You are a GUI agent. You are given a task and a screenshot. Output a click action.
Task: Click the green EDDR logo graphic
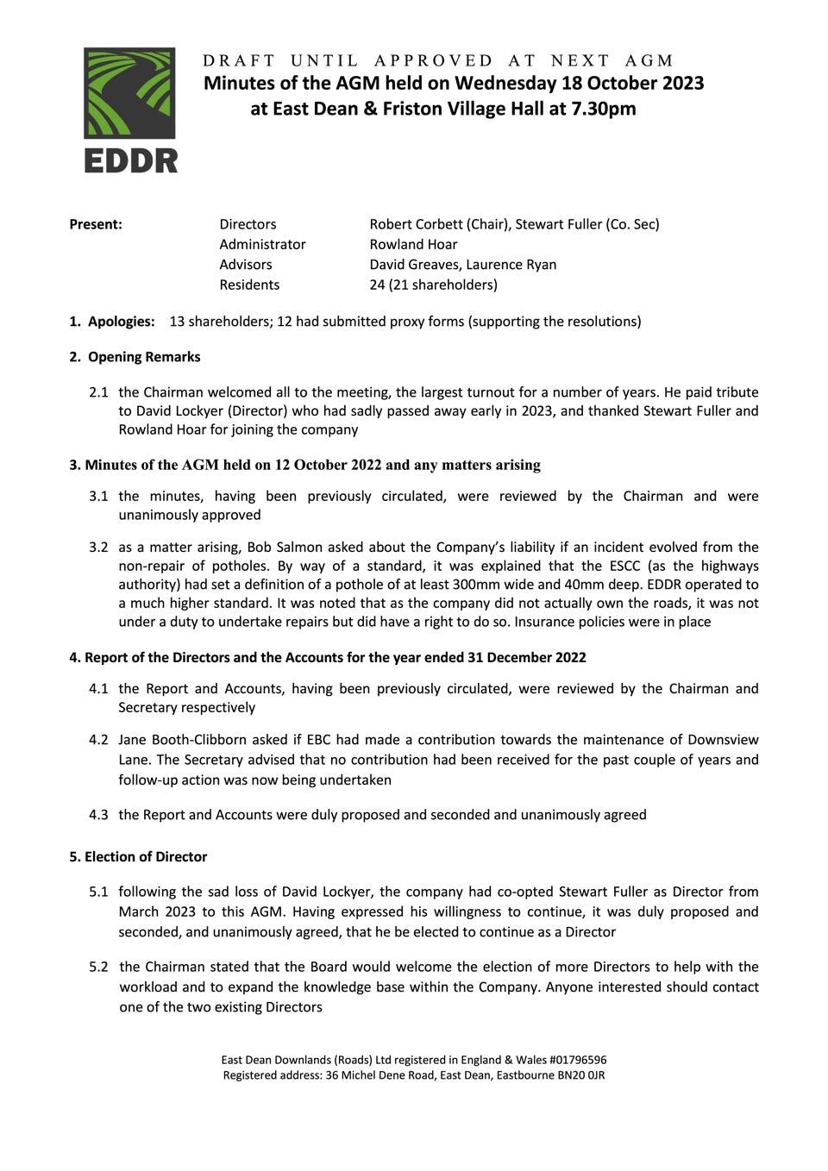tap(129, 92)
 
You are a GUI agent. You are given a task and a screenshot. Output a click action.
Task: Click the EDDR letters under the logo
tap(130, 160)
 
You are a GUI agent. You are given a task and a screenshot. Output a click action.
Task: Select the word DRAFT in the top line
tap(239, 60)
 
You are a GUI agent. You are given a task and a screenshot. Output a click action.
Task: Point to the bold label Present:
tap(96, 224)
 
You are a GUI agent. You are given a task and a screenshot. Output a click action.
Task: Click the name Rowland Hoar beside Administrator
tap(413, 244)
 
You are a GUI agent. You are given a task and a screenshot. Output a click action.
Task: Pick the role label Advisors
tap(246, 265)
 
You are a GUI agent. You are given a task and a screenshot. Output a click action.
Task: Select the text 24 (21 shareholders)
tap(433, 285)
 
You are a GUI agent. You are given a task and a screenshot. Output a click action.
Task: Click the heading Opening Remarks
tap(144, 357)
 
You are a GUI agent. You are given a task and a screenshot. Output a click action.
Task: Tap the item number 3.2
tap(98, 547)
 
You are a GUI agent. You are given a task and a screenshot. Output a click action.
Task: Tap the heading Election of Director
tap(146, 857)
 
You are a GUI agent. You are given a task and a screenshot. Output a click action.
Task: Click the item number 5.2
tap(98, 967)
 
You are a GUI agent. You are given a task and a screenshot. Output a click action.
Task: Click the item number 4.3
tap(98, 815)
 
